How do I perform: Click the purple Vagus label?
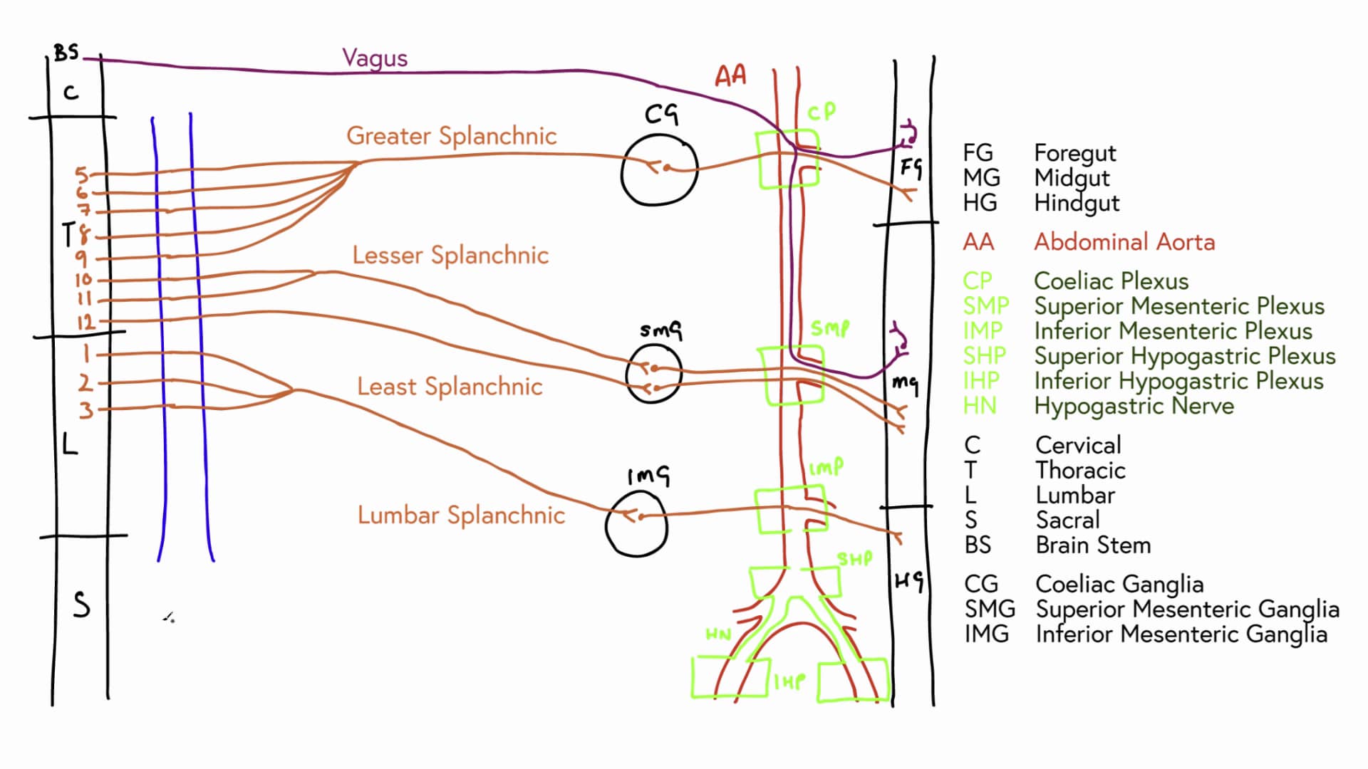(375, 58)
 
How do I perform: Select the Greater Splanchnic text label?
(451, 136)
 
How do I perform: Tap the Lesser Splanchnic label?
(450, 255)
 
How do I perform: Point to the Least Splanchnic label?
(450, 387)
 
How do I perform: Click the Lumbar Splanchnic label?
(461, 515)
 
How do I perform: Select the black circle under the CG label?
(659, 169)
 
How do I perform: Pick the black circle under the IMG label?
(636, 523)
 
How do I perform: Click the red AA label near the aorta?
(731, 75)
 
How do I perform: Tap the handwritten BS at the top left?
(66, 53)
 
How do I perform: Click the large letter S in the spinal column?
(82, 605)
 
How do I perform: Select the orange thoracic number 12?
(85, 322)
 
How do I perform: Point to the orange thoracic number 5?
(82, 174)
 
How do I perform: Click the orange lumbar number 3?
(85, 410)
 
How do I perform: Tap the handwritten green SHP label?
(854, 559)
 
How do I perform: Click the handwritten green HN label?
(718, 634)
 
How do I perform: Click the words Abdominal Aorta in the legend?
(1124, 242)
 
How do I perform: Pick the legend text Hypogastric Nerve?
(1134, 406)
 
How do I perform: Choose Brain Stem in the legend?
(1093, 545)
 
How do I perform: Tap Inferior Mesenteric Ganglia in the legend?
(1181, 634)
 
